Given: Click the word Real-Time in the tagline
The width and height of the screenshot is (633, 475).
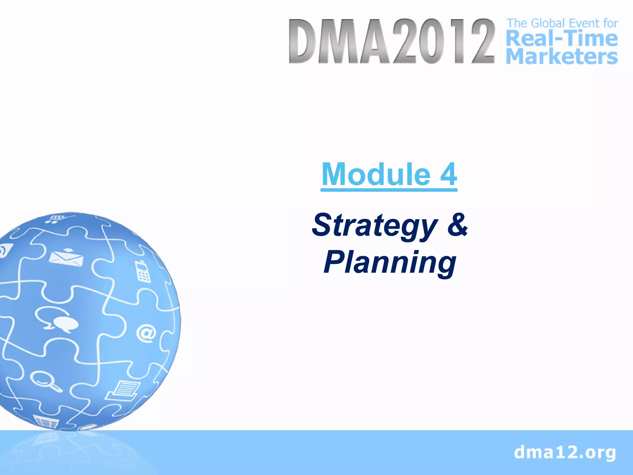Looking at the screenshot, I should (562, 39).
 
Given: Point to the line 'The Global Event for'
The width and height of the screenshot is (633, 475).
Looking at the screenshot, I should (562, 23).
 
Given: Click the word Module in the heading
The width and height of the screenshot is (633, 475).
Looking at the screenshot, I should (376, 174).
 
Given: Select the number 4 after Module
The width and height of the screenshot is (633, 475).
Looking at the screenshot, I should (448, 174).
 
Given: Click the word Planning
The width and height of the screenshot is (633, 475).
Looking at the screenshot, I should (390, 263).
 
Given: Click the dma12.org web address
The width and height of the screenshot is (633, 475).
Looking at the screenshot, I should (565, 452).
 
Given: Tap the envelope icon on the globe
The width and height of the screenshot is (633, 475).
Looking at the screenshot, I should (66, 258).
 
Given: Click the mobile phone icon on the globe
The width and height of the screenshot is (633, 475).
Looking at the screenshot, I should (142, 272).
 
